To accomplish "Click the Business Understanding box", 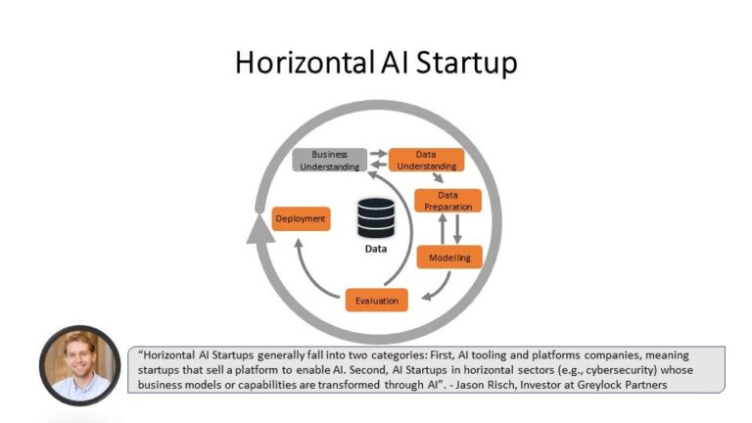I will tap(330, 160).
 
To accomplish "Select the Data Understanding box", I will tap(425, 160).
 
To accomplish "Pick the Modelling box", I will tap(448, 258).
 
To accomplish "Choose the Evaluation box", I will tap(376, 300).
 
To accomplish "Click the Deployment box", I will tap(301, 218).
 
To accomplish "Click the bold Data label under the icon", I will tap(375, 249).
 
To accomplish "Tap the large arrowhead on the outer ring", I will tap(258, 229).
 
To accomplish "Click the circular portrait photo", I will tap(79, 365).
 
